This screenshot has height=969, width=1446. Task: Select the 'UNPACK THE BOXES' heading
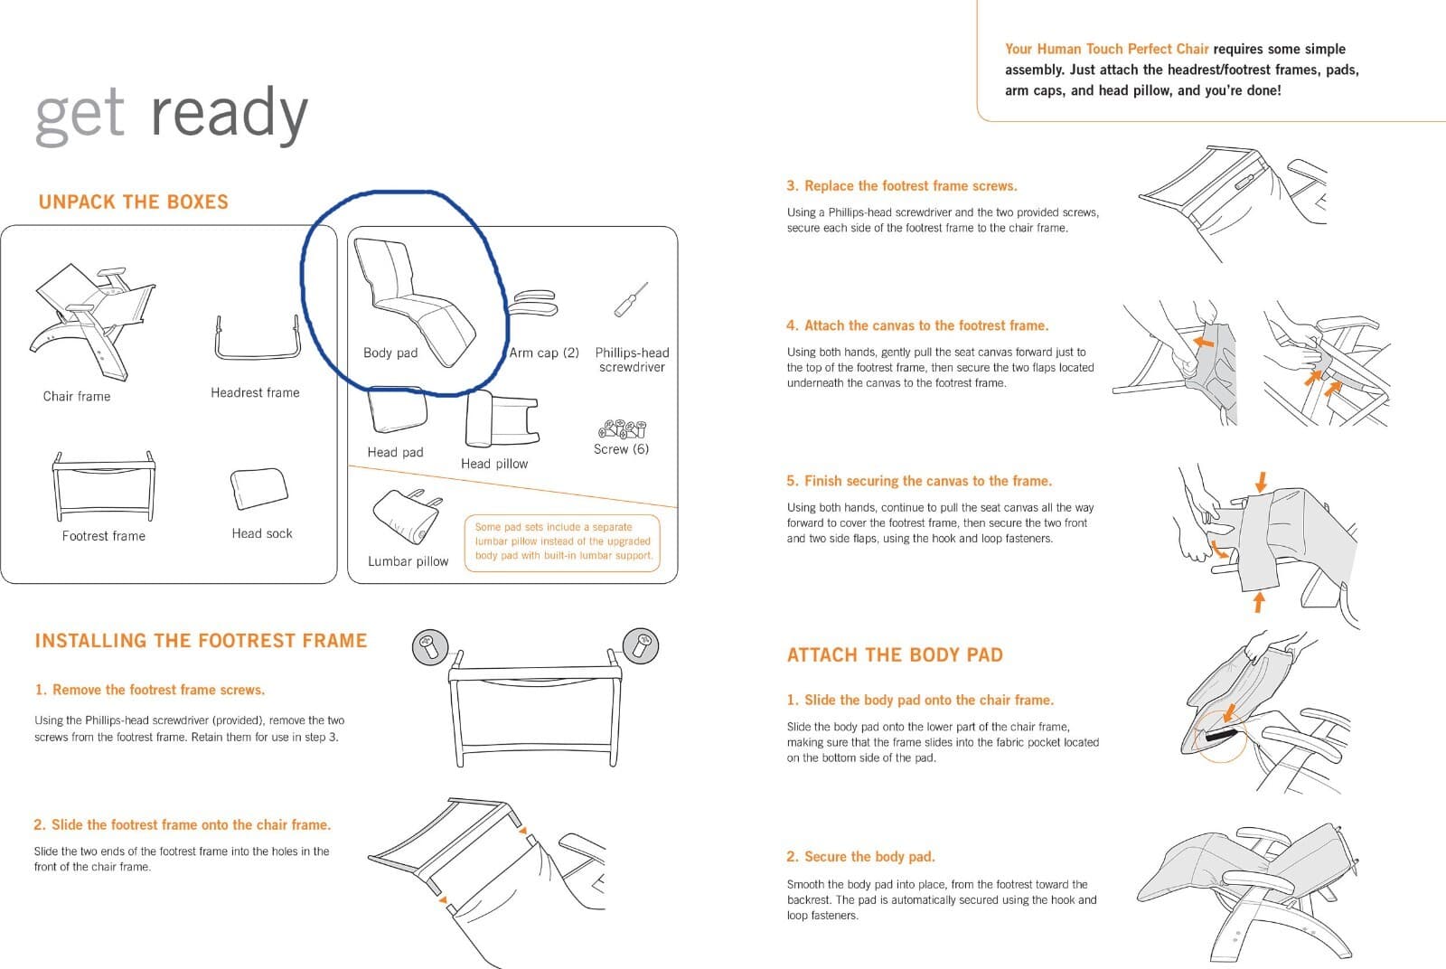tap(134, 202)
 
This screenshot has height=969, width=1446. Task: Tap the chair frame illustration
tap(92, 322)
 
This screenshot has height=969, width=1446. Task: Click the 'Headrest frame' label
tap(255, 392)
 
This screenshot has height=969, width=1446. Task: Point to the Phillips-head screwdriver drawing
tap(632, 299)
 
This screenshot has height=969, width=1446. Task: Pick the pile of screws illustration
tap(623, 428)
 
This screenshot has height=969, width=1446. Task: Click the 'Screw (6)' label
tap(621, 448)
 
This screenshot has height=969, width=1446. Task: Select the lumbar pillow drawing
tap(408, 516)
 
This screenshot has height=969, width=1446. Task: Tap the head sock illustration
tap(258, 489)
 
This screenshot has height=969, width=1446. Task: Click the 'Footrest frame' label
tap(103, 536)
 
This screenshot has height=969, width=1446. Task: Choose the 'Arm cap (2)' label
tap(543, 353)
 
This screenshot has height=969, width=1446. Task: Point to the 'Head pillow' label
tap(494, 464)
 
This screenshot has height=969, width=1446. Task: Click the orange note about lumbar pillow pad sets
tap(563, 541)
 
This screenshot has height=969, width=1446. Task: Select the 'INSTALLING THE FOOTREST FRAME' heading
tap(201, 640)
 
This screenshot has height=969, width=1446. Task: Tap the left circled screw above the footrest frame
tap(430, 647)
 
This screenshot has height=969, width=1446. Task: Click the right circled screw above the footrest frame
tap(641, 645)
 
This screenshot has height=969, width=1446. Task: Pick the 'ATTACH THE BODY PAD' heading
tap(895, 655)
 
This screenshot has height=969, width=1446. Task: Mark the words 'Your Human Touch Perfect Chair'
tap(1106, 49)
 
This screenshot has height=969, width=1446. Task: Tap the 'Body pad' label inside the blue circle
tap(390, 353)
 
